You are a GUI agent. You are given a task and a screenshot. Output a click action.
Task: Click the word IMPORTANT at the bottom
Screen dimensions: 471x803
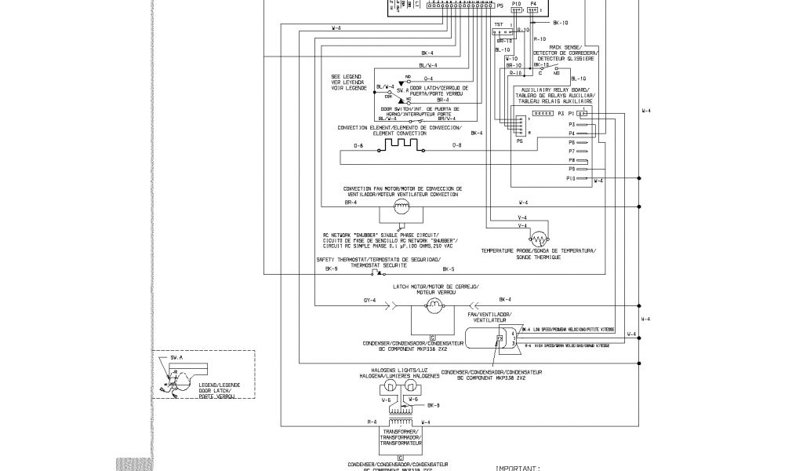pyautogui.click(x=518, y=468)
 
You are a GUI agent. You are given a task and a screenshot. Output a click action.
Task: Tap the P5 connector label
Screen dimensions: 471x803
pyautogui.click(x=500, y=5)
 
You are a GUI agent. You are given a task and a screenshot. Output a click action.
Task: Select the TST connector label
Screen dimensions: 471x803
pyautogui.click(x=498, y=25)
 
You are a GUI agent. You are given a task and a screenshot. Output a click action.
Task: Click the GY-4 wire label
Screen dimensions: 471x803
pyautogui.click(x=370, y=300)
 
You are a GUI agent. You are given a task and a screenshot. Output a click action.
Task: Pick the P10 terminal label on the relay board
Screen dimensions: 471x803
pyautogui.click(x=571, y=178)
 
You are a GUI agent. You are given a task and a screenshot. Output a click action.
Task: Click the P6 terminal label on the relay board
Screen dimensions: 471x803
pyautogui.click(x=572, y=142)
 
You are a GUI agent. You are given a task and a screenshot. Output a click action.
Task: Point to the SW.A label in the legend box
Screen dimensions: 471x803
pyautogui.click(x=176, y=356)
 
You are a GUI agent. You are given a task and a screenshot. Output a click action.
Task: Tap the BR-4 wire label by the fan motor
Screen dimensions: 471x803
pyautogui.click(x=351, y=203)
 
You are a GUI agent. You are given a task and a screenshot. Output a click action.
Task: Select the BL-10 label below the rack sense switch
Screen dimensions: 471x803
pyautogui.click(x=579, y=78)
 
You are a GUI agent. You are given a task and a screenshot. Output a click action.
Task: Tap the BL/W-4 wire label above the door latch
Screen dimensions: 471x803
pyautogui.click(x=428, y=65)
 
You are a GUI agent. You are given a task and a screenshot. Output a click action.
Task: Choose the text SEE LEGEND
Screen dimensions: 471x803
pyautogui.click(x=346, y=75)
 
